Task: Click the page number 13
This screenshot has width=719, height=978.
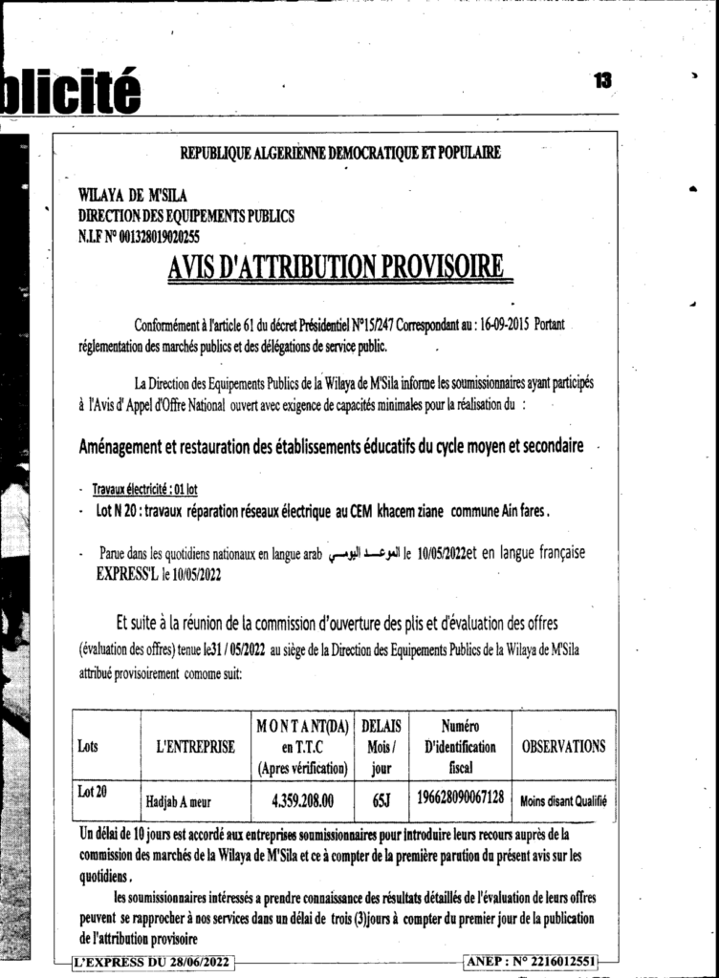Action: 601,81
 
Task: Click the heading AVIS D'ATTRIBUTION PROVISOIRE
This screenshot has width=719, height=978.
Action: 336,268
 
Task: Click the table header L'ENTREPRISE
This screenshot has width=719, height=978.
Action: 195,747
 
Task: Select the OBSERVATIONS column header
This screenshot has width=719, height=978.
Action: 563,746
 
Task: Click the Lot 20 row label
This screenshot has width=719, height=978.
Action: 92,791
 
